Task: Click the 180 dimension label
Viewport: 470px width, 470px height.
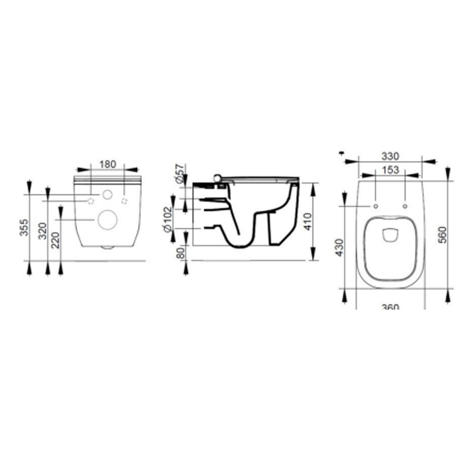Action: (x=108, y=164)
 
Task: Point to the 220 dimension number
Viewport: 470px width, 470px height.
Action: (x=56, y=239)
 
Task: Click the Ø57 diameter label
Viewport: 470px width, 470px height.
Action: (x=179, y=174)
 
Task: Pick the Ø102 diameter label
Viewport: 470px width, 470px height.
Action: (x=168, y=219)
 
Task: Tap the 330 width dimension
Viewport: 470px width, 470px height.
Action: (x=390, y=156)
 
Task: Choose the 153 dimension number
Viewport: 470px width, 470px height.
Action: (x=390, y=170)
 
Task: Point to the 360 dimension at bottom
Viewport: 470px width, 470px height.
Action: (x=390, y=306)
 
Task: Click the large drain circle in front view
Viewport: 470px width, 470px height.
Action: (x=107, y=220)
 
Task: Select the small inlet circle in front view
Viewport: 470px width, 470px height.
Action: (x=107, y=195)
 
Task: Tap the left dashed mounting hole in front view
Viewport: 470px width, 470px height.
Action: (x=91, y=201)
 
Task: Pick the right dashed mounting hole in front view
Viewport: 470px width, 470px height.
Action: (x=124, y=201)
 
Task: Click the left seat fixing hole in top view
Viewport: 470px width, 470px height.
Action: (x=376, y=206)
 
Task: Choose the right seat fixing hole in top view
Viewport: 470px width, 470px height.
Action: (x=405, y=206)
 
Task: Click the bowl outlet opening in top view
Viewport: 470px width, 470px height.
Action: (x=390, y=235)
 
